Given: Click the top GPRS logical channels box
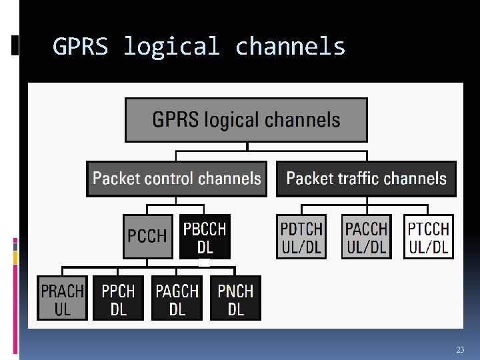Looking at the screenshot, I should (x=246, y=120).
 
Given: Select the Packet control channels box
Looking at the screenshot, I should (x=176, y=179).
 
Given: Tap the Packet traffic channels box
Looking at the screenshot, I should (x=366, y=179).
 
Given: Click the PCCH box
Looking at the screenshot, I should (x=147, y=236).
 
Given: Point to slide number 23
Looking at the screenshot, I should (x=460, y=350).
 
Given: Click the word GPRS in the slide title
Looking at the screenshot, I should (x=80, y=47).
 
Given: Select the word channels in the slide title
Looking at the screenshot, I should (x=291, y=47).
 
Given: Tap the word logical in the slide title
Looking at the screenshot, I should (x=171, y=47).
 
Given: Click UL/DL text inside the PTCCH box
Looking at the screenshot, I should (x=429, y=247).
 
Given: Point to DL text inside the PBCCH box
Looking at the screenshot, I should (x=205, y=247).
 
